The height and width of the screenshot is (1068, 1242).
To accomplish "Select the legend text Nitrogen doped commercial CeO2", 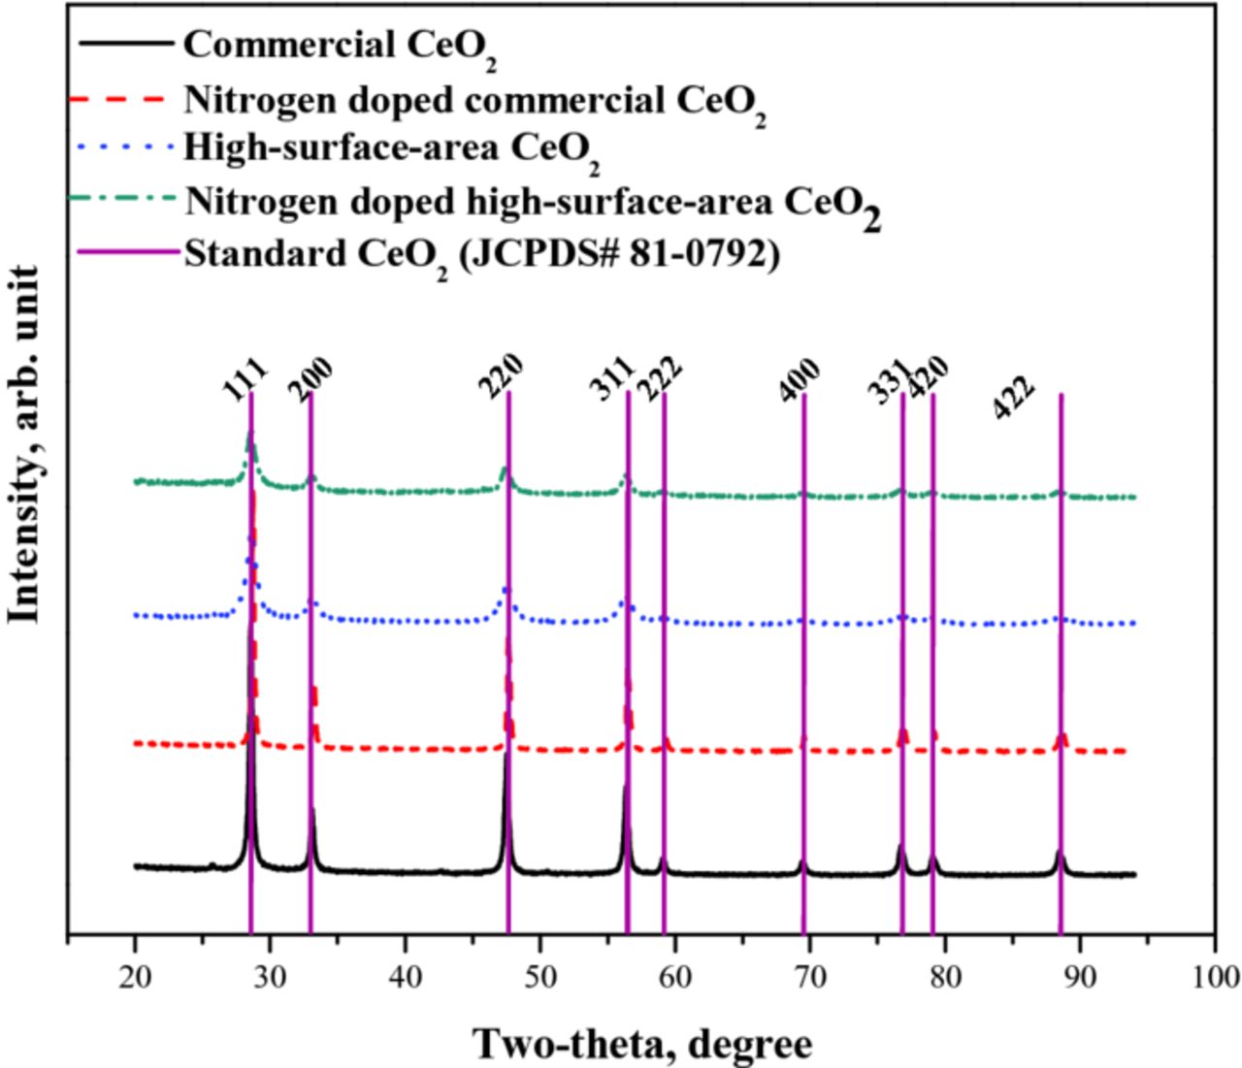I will coord(474,100).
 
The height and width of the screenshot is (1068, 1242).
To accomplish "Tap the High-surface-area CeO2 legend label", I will coord(391,149).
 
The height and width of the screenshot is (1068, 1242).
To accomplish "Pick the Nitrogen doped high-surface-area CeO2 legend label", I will coord(533,203).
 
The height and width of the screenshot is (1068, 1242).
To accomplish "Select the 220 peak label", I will coord(501,375).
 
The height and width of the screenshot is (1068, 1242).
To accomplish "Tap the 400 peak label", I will coord(801,379).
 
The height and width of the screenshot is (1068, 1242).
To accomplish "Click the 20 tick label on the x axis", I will coord(135,975).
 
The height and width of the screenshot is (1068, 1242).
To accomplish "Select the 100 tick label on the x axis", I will coord(1213,975).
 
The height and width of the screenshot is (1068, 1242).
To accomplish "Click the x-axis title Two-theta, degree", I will coord(641,1044).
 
